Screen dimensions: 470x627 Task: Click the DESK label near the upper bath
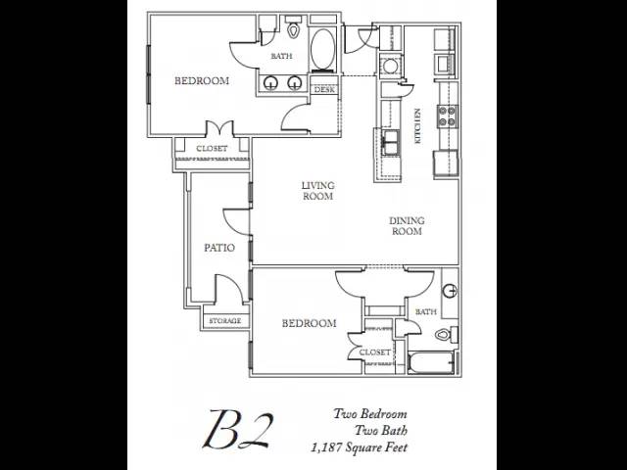click(x=324, y=90)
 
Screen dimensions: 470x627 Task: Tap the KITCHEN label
click(x=417, y=126)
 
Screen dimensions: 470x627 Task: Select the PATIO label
click(x=218, y=248)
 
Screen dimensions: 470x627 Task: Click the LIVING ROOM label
click(x=316, y=190)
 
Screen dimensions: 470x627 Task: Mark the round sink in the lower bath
click(x=450, y=291)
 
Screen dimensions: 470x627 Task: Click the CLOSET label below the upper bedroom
click(x=212, y=149)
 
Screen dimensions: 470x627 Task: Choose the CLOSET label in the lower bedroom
click(x=375, y=352)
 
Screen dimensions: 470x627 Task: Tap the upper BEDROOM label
click(x=202, y=81)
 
